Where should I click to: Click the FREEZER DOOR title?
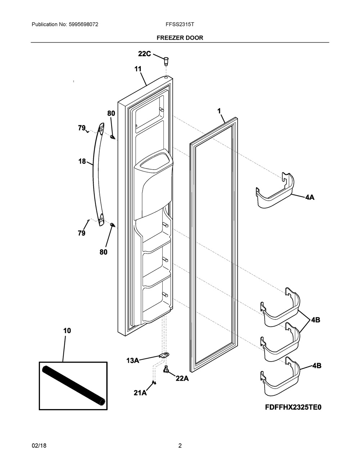pyautogui.click(x=180, y=37)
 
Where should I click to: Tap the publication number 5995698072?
pyautogui.click(x=81, y=24)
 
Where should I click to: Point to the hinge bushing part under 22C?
pyautogui.click(x=166, y=60)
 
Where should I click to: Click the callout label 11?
pyautogui.click(x=138, y=69)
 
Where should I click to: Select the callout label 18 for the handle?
pyautogui.click(x=82, y=161)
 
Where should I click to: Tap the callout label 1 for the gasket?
pyautogui.click(x=219, y=111)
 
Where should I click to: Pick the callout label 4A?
pyautogui.click(x=310, y=197)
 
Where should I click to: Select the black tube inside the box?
pyautogui.click(x=74, y=385)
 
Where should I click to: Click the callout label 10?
pyautogui.click(x=67, y=331)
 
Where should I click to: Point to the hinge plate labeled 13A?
pyautogui.click(x=165, y=355)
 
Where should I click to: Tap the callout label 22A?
pyautogui.click(x=182, y=378)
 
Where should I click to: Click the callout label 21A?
pyautogui.click(x=140, y=393)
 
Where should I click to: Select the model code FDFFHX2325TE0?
pyautogui.click(x=293, y=407)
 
